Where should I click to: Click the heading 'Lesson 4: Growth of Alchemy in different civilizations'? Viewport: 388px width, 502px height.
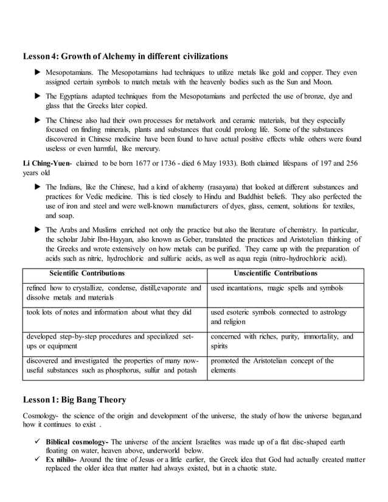point(125,57)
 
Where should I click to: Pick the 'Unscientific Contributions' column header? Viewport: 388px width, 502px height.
point(275,273)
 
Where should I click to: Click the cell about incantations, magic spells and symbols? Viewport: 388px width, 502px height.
point(277,288)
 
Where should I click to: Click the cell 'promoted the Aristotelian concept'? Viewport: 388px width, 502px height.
point(272,365)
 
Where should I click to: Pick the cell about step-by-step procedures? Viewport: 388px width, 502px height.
point(109,341)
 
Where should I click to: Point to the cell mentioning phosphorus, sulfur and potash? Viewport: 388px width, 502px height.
point(113,365)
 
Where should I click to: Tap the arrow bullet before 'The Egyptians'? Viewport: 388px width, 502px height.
point(37,97)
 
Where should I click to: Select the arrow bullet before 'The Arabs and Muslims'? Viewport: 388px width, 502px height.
point(37,230)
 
